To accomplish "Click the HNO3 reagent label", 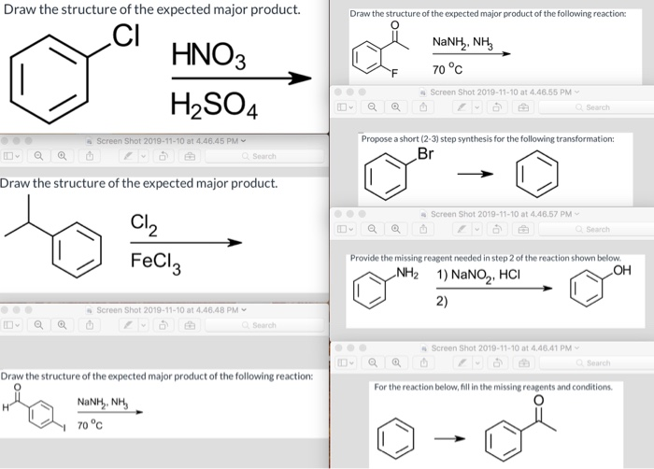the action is [208, 54].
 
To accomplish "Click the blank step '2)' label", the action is [442, 300].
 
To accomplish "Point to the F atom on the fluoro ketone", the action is [393, 73].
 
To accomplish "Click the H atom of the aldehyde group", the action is [7, 405].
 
